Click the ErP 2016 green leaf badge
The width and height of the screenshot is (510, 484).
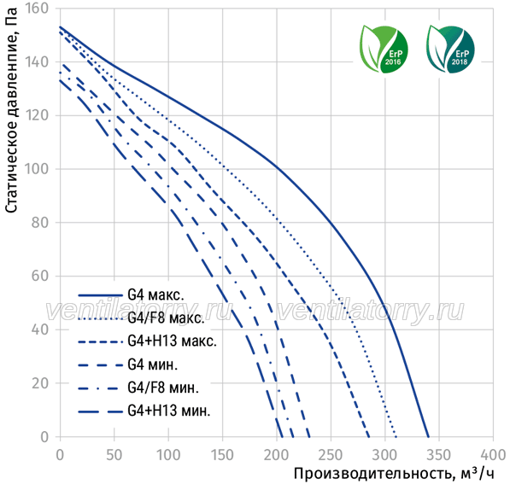click(384, 49)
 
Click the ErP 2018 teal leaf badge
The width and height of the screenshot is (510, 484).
click(450, 49)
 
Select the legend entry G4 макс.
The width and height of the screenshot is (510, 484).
click(155, 295)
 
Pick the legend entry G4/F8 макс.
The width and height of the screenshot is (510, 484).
click(166, 318)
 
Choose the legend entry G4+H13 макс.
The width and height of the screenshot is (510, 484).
click(172, 341)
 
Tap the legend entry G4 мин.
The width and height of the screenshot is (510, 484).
click(153, 364)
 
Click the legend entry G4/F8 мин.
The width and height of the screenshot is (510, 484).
click(163, 388)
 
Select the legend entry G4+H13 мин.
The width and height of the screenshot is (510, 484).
click(169, 411)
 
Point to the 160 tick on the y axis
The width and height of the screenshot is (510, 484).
click(37, 9)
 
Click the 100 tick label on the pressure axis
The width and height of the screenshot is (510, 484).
click(37, 169)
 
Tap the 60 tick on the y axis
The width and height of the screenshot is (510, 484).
click(40, 276)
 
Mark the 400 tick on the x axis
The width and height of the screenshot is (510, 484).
click(493, 455)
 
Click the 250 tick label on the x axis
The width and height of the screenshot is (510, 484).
click(331, 455)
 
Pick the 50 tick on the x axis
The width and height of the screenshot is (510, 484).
click(114, 455)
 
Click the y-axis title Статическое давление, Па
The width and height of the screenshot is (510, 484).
click(11, 110)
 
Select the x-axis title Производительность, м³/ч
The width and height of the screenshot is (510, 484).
click(394, 473)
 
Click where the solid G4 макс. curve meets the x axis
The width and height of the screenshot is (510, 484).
click(428, 437)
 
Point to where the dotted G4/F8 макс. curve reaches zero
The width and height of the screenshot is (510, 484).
click(396, 437)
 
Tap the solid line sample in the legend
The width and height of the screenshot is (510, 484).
click(101, 295)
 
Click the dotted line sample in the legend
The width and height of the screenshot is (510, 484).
click(101, 318)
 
